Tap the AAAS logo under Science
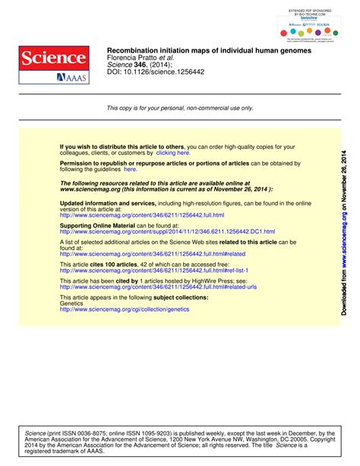[71, 78]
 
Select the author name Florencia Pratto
[134, 58]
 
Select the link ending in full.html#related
[152, 254]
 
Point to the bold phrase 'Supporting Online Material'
[97, 226]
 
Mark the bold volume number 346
[140, 65]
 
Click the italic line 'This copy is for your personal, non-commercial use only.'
[180, 109]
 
